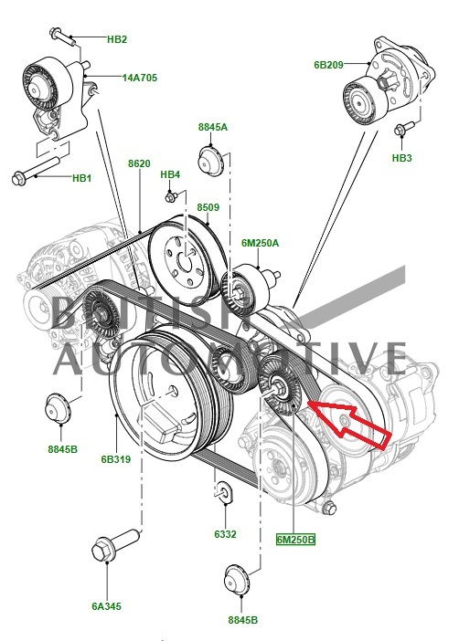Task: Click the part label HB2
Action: point(117,39)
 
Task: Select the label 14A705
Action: point(140,78)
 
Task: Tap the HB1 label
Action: point(82,178)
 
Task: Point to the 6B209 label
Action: point(329,65)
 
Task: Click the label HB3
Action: point(402,158)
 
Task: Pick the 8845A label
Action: point(213,127)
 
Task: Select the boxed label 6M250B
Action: point(295,540)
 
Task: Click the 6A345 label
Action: point(106,605)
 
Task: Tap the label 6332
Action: point(225,534)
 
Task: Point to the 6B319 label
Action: point(116,459)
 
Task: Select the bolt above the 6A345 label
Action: point(115,545)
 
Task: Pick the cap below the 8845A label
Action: point(210,162)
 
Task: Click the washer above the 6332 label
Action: point(224,490)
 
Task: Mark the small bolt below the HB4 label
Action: point(171,197)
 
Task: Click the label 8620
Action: point(139,163)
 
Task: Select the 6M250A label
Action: point(260,243)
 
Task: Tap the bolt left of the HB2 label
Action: point(62,37)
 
